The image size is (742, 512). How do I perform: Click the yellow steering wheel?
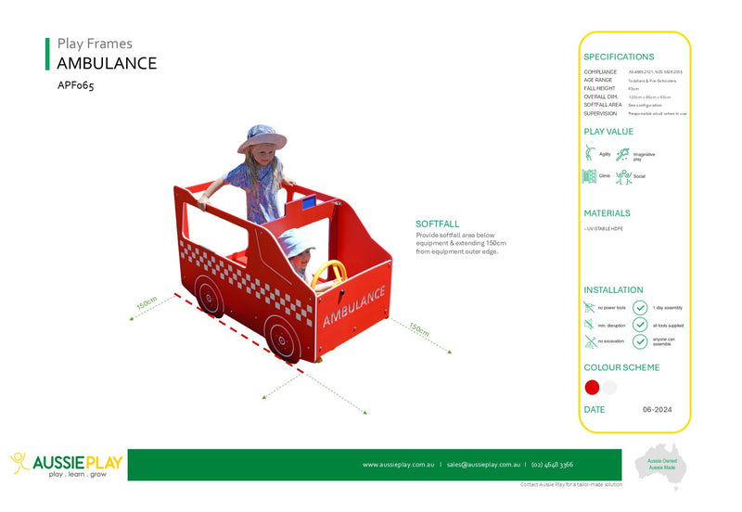pyautogui.click(x=329, y=273)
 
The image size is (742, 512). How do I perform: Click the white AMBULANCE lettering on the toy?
pyautogui.click(x=354, y=306)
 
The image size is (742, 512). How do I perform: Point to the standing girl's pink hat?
pyautogui.click(x=262, y=138)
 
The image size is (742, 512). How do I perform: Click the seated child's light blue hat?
pyautogui.click(x=295, y=244)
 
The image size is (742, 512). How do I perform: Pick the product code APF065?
pyautogui.click(x=76, y=85)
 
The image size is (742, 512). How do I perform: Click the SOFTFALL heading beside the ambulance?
pyautogui.click(x=439, y=224)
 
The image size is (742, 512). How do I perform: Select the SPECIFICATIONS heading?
pyautogui.click(x=619, y=57)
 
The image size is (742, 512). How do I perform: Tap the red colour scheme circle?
pyautogui.click(x=593, y=387)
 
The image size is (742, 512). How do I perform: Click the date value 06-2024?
pyautogui.click(x=658, y=409)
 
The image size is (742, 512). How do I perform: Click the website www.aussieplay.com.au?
pyautogui.click(x=398, y=465)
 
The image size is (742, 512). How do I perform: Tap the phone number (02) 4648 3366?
pyautogui.click(x=553, y=465)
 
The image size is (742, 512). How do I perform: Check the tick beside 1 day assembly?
pyautogui.click(x=640, y=307)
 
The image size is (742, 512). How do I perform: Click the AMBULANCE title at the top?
pyautogui.click(x=107, y=63)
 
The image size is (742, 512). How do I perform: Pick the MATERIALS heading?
pyautogui.click(x=608, y=213)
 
